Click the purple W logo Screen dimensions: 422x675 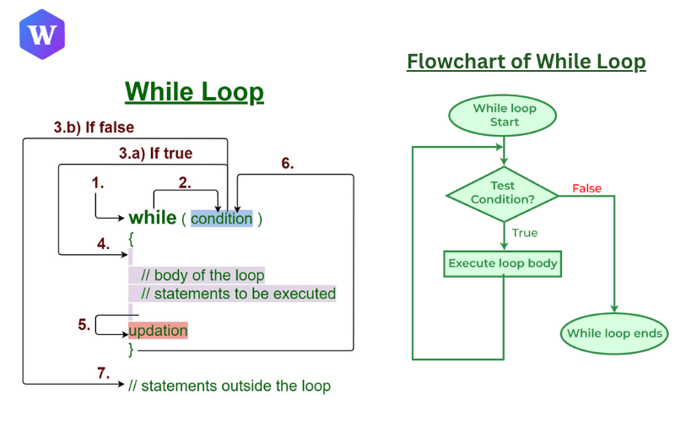coord(41,35)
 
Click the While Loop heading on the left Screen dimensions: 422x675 coord(194,91)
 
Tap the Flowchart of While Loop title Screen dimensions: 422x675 coord(526,62)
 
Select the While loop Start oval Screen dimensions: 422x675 coord(504,116)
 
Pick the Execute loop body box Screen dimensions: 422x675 coord(503,263)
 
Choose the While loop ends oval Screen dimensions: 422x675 coord(615,333)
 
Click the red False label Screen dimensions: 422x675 coord(586,188)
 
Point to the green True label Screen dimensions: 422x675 coord(524,233)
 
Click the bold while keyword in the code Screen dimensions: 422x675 coord(152,218)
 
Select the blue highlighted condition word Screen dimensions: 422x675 coord(221,219)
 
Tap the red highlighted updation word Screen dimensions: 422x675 coord(158,330)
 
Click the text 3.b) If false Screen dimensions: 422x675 coord(94,127)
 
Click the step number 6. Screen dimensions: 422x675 coord(287,164)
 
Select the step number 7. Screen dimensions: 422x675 coord(103,372)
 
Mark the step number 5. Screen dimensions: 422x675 coord(84,323)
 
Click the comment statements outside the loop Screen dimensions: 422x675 coord(229,386)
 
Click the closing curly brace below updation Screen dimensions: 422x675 coord(131,348)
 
